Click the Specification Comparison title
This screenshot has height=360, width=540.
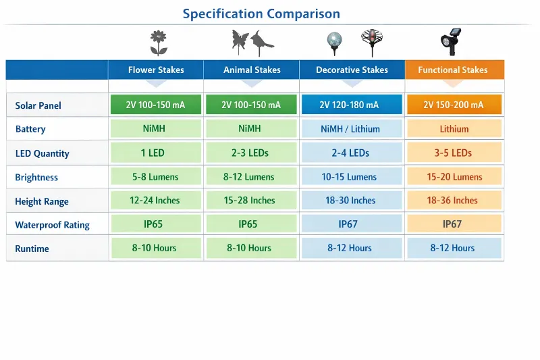click(x=261, y=14)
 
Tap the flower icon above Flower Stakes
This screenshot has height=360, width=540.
click(x=158, y=43)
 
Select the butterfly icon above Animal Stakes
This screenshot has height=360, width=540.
click(x=240, y=41)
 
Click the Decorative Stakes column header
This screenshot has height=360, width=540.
click(x=352, y=70)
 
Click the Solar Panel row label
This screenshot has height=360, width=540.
click(x=38, y=105)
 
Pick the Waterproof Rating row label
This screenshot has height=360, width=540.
click(x=52, y=225)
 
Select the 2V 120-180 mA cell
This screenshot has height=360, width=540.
click(x=352, y=105)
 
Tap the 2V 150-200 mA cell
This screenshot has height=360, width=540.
click(x=454, y=105)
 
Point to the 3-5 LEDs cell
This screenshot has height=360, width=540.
click(x=453, y=153)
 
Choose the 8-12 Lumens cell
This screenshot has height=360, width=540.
click(x=250, y=177)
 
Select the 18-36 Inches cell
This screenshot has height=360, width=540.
click(x=452, y=201)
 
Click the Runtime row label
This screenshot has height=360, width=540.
click(x=32, y=249)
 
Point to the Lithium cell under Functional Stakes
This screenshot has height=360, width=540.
click(x=454, y=129)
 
